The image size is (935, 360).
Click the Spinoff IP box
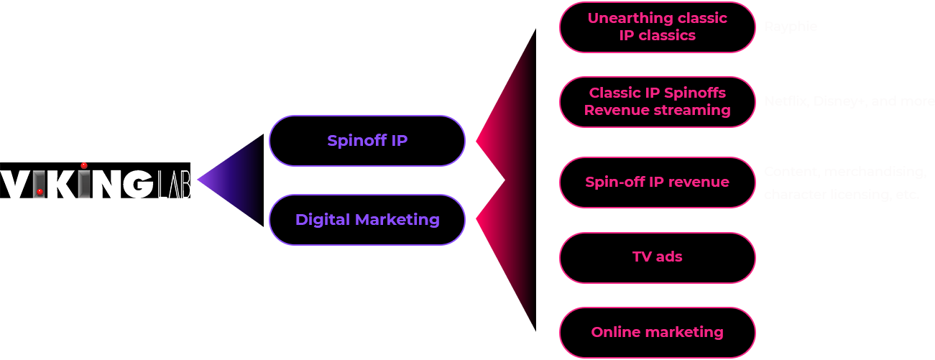pyautogui.click(x=367, y=141)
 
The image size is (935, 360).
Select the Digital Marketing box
pyautogui.click(x=367, y=220)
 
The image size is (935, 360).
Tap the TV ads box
pyautogui.click(x=657, y=257)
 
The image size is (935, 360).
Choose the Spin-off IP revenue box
pyautogui.click(x=657, y=183)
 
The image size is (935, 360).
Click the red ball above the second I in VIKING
pyautogui.click(x=83, y=166)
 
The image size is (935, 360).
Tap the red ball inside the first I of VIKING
pyautogui.click(x=40, y=192)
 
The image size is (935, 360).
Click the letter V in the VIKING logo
pyautogui.click(x=15, y=184)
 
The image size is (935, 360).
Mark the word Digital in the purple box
pyautogui.click(x=321, y=220)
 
